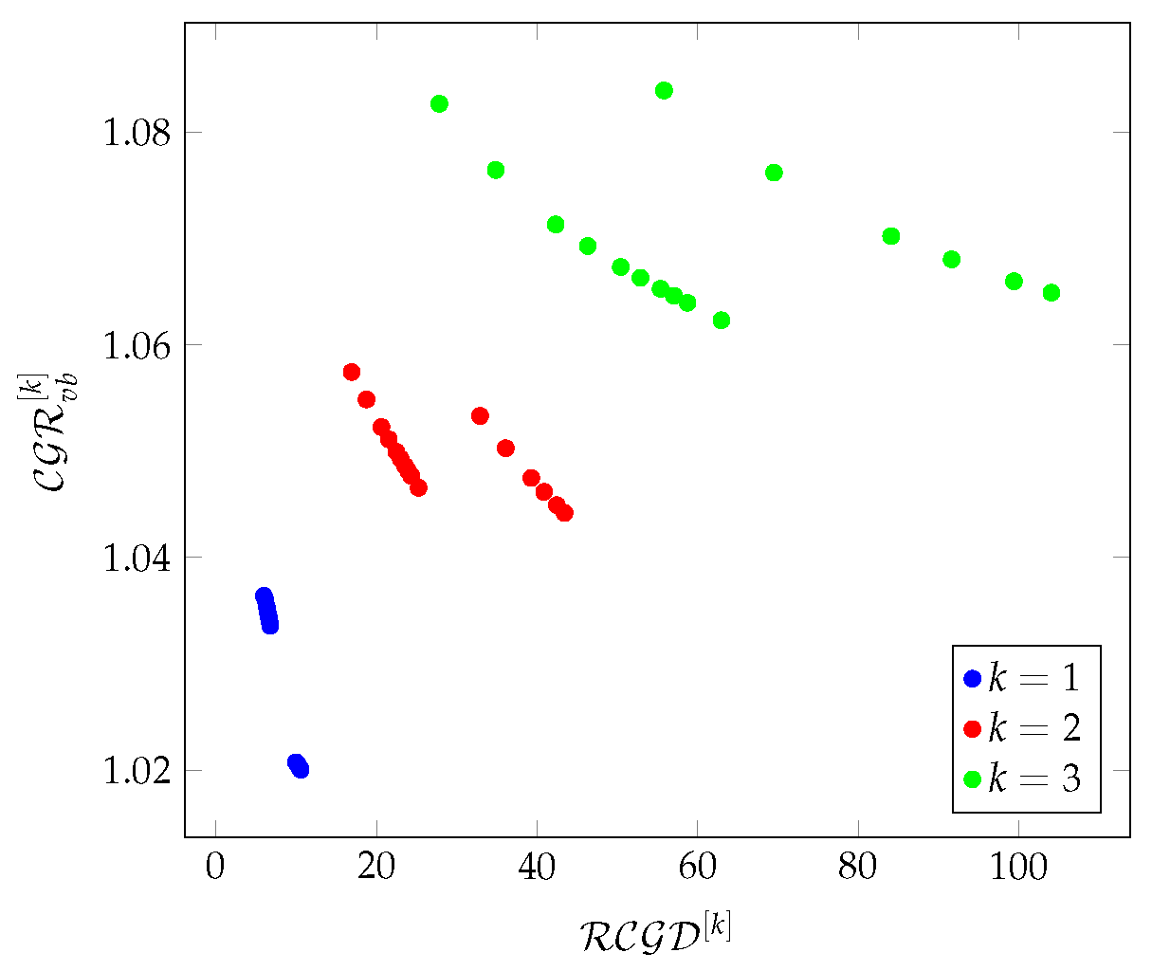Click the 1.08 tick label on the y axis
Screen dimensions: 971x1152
[135, 133]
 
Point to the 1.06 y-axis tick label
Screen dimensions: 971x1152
[135, 345]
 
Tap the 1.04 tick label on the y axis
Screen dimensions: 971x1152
[135, 558]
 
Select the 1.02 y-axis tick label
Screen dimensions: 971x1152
[135, 770]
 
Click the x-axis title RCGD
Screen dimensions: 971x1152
[654, 933]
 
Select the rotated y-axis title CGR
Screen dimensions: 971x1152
[55, 431]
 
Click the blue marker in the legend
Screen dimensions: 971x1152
[972, 678]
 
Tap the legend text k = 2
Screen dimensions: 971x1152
[1033, 728]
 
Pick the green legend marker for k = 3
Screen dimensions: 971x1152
[972, 779]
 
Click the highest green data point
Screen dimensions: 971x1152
[664, 91]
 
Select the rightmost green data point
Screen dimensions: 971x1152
[1051, 292]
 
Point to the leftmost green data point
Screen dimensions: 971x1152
[439, 103]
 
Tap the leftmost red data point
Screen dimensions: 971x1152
[352, 372]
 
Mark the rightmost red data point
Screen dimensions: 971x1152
[564, 513]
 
